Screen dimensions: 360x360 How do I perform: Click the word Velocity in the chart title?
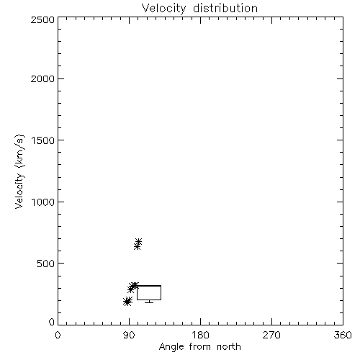pos(163,9)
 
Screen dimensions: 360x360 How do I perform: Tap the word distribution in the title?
pos(225,8)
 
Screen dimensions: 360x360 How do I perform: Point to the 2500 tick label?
pos(42,19)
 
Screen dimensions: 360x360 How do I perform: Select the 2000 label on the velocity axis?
pos(42,78)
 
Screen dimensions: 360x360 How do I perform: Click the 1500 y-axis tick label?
pos(43,140)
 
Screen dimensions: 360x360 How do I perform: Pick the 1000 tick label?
pos(43,202)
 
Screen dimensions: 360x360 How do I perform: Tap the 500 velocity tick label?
pos(46,264)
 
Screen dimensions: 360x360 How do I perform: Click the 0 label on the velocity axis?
pos(52,322)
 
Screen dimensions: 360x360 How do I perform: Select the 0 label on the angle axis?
pos(58,335)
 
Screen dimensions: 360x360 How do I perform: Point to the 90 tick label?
pos(129,335)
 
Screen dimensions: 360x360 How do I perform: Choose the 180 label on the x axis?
pos(200,335)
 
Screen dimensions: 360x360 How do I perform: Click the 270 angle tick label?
pos(271,335)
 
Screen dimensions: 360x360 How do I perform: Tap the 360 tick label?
pos(343,335)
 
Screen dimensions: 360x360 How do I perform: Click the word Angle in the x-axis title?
pos(171,347)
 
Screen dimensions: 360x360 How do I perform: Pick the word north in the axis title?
pos(229,347)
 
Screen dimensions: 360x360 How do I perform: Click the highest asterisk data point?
pos(138,241)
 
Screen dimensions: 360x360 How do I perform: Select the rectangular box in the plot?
pos(149,286)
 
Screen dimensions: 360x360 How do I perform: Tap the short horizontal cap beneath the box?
pos(149,302)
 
